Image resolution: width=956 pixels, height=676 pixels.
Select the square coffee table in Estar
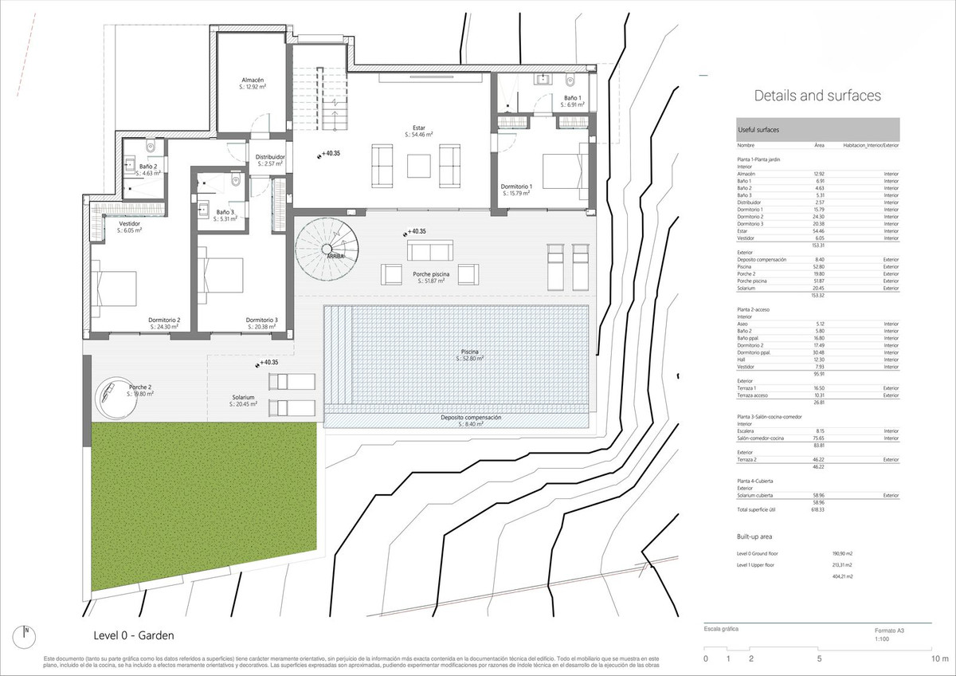pos(419,165)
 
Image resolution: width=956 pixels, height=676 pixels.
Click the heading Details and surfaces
pos(817,96)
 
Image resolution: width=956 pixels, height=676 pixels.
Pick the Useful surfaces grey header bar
pos(817,129)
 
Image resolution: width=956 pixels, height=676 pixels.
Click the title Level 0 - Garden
pos(134,635)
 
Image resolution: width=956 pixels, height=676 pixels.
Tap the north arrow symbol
pos(25,636)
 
